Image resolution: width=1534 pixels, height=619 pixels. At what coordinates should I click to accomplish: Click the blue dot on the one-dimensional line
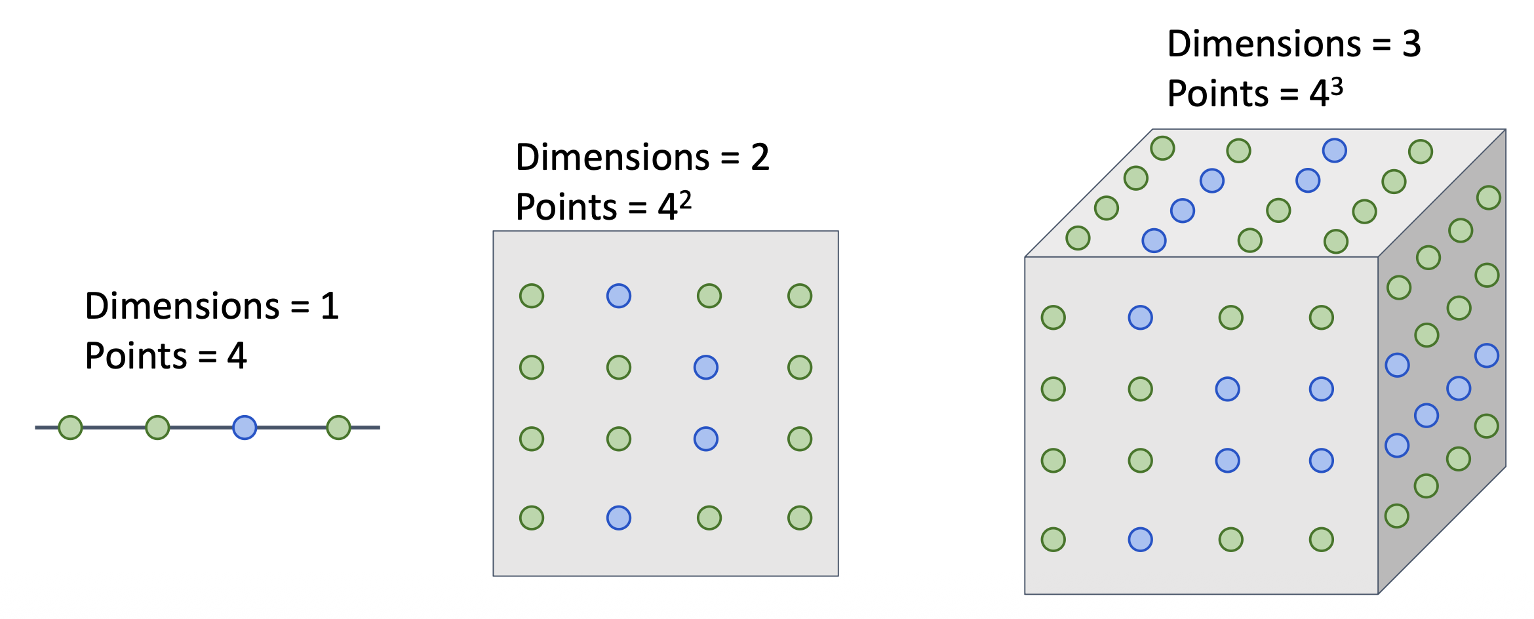[245, 428]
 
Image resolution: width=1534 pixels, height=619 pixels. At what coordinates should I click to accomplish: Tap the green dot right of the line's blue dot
[338, 428]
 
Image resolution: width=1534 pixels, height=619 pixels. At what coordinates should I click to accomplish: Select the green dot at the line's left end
[70, 428]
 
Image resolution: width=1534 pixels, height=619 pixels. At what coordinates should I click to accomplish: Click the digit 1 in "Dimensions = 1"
[330, 306]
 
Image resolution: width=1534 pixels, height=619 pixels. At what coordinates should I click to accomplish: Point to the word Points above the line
[136, 356]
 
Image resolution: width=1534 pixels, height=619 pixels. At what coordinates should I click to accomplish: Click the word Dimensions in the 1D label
[182, 306]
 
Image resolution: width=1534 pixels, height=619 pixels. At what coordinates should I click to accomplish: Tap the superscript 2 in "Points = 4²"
[685, 199]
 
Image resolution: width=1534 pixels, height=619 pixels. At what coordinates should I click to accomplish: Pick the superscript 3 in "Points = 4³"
[1337, 86]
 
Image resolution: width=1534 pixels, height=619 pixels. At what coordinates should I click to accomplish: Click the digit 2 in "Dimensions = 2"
[760, 157]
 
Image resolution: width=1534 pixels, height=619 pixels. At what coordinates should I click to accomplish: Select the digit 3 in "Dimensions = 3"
[1411, 44]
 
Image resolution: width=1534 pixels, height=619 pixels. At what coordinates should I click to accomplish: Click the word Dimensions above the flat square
[613, 157]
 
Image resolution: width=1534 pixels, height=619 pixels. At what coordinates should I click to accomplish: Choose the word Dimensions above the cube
[1265, 44]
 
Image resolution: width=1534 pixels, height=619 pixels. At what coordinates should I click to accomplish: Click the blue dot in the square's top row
[619, 296]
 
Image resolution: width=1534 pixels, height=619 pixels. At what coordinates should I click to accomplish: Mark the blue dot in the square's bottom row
[619, 518]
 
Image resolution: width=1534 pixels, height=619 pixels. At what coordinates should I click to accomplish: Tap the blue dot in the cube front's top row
[1141, 318]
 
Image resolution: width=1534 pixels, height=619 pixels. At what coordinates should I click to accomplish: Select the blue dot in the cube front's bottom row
[1141, 540]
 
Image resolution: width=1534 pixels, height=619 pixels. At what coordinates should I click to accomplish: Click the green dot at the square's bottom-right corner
[800, 518]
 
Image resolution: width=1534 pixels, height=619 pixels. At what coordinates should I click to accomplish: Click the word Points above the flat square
[567, 207]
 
